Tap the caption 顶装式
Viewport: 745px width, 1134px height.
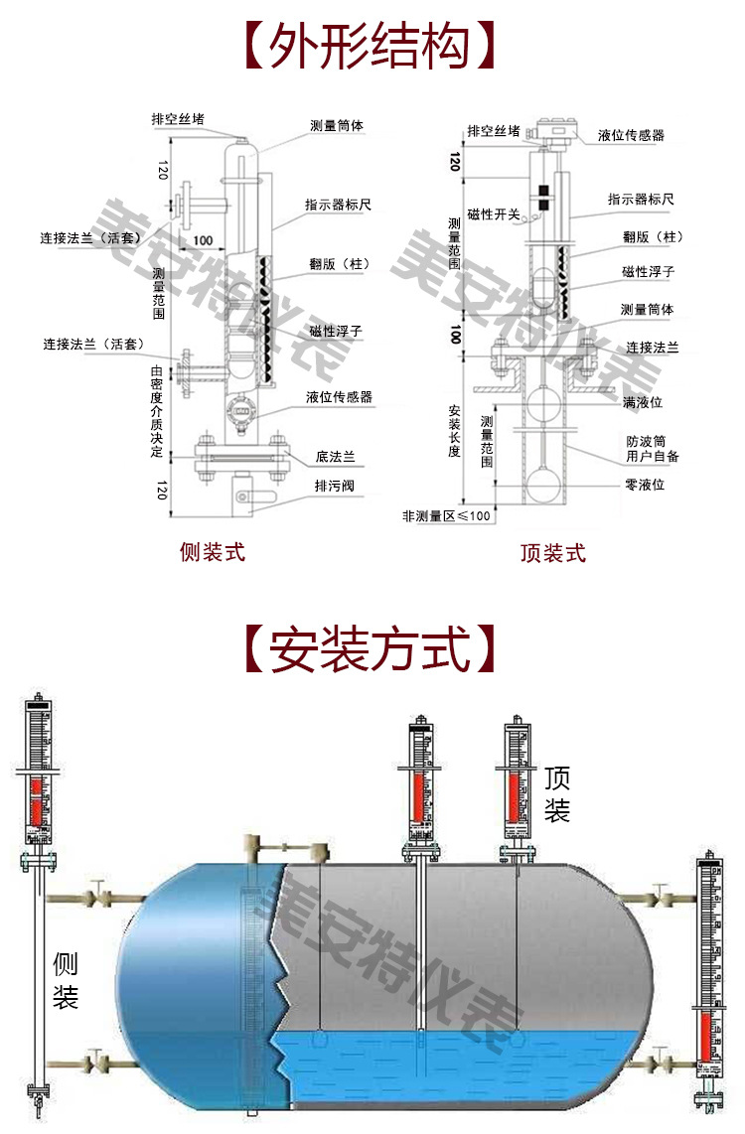(552, 553)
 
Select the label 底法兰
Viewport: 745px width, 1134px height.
(336, 458)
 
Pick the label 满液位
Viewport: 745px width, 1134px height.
(643, 402)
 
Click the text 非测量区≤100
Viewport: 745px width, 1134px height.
(446, 516)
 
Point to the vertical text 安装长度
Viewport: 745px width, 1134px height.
(455, 431)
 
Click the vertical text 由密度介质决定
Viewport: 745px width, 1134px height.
(156, 412)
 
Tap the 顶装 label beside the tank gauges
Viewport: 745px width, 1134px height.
(557, 794)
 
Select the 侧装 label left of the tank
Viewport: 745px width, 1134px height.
(66, 980)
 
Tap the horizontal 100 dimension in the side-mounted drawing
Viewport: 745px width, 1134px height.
(203, 240)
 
